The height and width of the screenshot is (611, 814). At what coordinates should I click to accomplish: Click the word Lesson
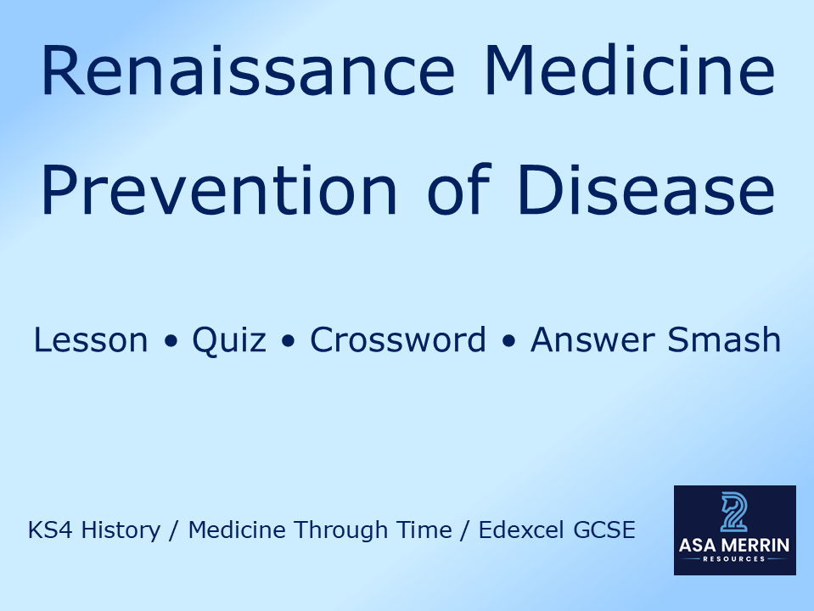click(91, 340)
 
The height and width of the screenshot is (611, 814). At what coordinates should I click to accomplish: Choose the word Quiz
click(228, 340)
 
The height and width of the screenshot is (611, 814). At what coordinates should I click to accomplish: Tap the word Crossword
click(398, 340)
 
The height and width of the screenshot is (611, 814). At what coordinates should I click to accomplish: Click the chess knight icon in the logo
click(734, 513)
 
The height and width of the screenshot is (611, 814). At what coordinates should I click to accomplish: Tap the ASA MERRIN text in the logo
click(735, 546)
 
